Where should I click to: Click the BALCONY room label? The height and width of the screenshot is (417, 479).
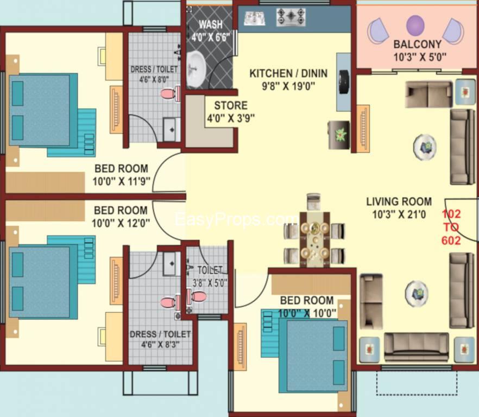click(x=417, y=44)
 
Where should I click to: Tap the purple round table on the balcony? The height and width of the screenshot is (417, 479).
click(x=415, y=25)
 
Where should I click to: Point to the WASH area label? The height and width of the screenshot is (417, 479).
click(x=210, y=25)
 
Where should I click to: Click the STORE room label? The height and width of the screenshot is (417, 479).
click(x=230, y=105)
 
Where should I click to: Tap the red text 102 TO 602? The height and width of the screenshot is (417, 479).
click(x=451, y=227)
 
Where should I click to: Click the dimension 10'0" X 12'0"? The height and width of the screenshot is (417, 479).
click(x=121, y=222)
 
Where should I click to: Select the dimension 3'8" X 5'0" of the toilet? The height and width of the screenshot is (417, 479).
click(x=210, y=282)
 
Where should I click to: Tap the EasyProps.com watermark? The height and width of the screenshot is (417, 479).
click(x=236, y=219)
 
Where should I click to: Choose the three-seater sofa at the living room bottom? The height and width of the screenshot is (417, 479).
click(x=416, y=346)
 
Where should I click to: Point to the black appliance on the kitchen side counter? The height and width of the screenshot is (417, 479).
click(x=343, y=80)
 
